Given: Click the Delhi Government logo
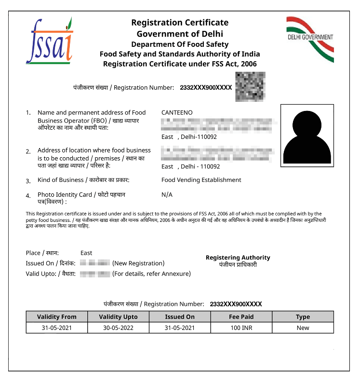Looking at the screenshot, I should tap(310, 39).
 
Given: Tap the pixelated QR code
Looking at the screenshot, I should tap(250, 87).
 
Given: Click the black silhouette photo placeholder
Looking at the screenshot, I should tap(307, 136).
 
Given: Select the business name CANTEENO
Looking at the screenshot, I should tap(177, 112).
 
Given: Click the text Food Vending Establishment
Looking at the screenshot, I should tap(201, 180).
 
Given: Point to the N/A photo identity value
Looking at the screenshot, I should tap(167, 194).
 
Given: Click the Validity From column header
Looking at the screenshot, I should tap(57, 317).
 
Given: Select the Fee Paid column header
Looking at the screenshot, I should tap(241, 317).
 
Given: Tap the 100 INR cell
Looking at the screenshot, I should tap(241, 328).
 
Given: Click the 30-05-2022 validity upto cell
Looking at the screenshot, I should tap(118, 328).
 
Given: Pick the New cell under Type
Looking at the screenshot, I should tap(303, 328).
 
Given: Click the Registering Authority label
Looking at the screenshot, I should tap(238, 258).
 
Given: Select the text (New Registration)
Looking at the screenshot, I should tap(138, 263).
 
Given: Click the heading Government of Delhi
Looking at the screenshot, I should tap(180, 34).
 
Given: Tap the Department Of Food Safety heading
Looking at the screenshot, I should tap(180, 44).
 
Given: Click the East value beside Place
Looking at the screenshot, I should tap(86, 253).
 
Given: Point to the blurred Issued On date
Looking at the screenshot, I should tap(95, 263).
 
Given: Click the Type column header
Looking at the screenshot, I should tap(303, 317).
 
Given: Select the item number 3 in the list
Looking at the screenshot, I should tap(28, 181).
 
